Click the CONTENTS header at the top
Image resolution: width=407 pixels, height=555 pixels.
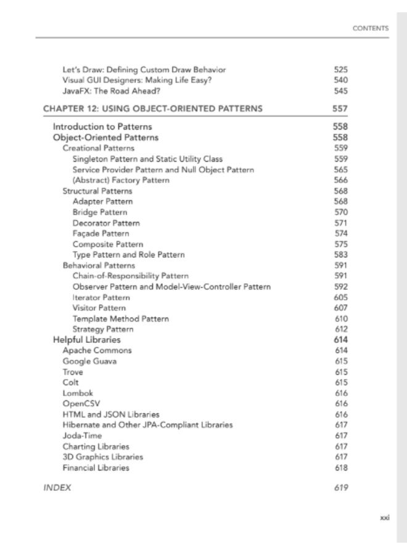click(370, 28)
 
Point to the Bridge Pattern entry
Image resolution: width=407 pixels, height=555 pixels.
click(100, 212)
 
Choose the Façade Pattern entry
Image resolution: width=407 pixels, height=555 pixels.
click(101, 234)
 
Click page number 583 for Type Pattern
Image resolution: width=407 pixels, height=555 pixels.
click(341, 255)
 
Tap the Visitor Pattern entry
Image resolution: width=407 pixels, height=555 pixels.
click(99, 308)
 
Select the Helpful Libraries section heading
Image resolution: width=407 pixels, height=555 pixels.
click(87, 340)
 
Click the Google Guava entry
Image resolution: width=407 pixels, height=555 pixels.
click(89, 361)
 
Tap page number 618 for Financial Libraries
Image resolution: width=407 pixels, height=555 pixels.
click(341, 467)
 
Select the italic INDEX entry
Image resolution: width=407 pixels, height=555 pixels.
click(57, 488)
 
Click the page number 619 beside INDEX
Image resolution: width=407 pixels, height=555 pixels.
click(341, 488)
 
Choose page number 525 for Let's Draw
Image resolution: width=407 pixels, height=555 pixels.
click(341, 70)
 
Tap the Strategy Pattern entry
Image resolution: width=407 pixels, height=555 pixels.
click(102, 329)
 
